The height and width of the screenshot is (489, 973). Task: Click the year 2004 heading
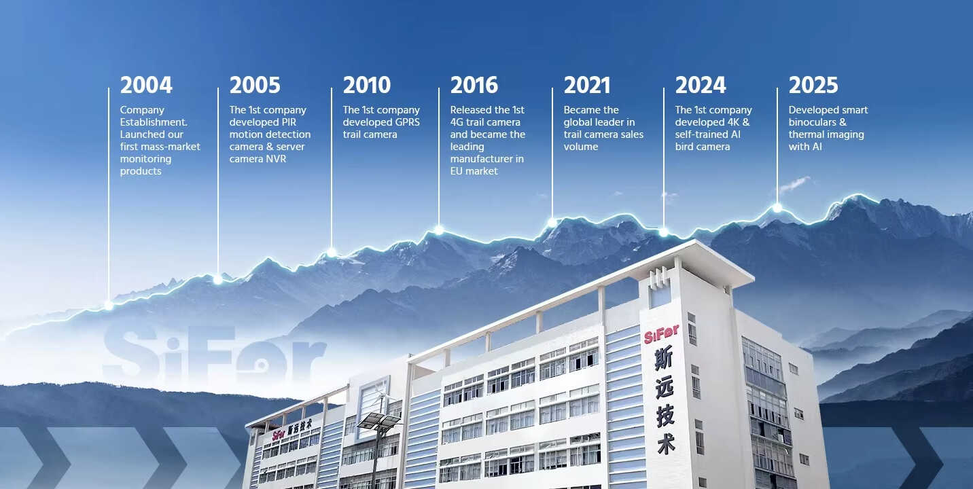pos(146,86)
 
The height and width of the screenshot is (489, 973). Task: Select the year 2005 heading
pos(255,86)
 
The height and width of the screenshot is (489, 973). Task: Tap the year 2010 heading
pos(367,86)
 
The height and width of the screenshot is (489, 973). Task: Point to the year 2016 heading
pos(474,86)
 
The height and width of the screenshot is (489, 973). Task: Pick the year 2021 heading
pos(587,86)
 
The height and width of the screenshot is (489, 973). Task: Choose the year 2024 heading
pos(701,86)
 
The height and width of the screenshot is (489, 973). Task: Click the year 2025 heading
pos(813,86)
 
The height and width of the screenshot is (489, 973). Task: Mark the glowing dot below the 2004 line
pos(109,306)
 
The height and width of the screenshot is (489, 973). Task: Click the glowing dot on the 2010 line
pos(332,252)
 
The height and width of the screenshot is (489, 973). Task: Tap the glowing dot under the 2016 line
pos(439,230)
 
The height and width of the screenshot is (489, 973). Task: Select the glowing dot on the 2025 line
pos(777,209)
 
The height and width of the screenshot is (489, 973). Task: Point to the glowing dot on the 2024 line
pos(664,232)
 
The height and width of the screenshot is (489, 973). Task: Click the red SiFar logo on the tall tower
pos(661,334)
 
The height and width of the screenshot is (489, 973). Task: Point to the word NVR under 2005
pos(277,159)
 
